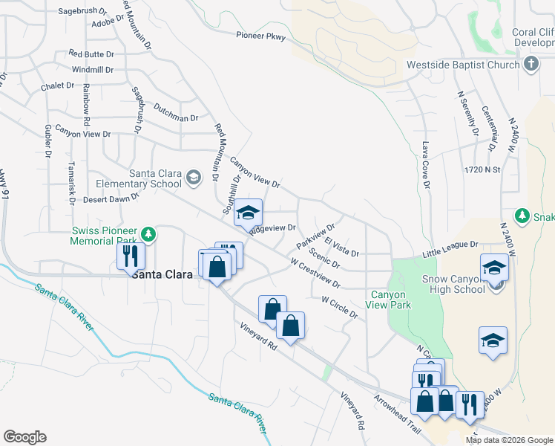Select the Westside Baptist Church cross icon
point(531,65)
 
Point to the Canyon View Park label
point(388,300)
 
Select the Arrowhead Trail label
point(398,410)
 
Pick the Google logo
point(24,437)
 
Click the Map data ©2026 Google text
point(509,440)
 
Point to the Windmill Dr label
point(93,70)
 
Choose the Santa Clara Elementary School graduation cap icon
point(194,177)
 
